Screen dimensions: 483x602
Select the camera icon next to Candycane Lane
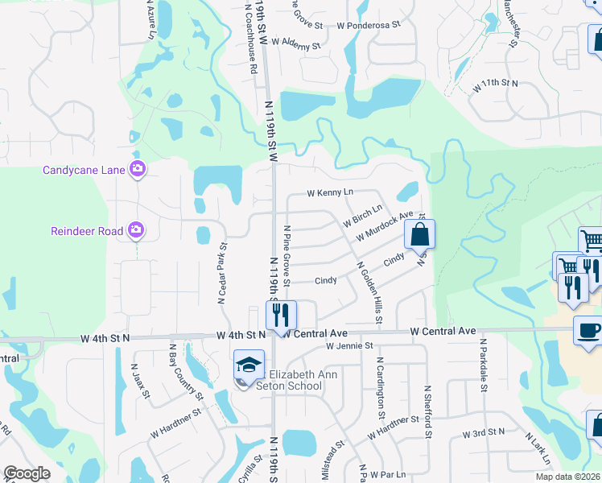[x=138, y=169]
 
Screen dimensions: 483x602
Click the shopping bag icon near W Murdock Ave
[x=419, y=235]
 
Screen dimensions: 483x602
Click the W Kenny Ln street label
[x=331, y=193]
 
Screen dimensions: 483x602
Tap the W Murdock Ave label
[x=389, y=226]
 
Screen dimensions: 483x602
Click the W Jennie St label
[x=350, y=346]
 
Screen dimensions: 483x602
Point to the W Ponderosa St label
[x=369, y=25]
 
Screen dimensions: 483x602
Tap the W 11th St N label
[x=495, y=83]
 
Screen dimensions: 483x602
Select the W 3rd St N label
[x=484, y=432]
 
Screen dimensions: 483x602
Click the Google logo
[x=27, y=473]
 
